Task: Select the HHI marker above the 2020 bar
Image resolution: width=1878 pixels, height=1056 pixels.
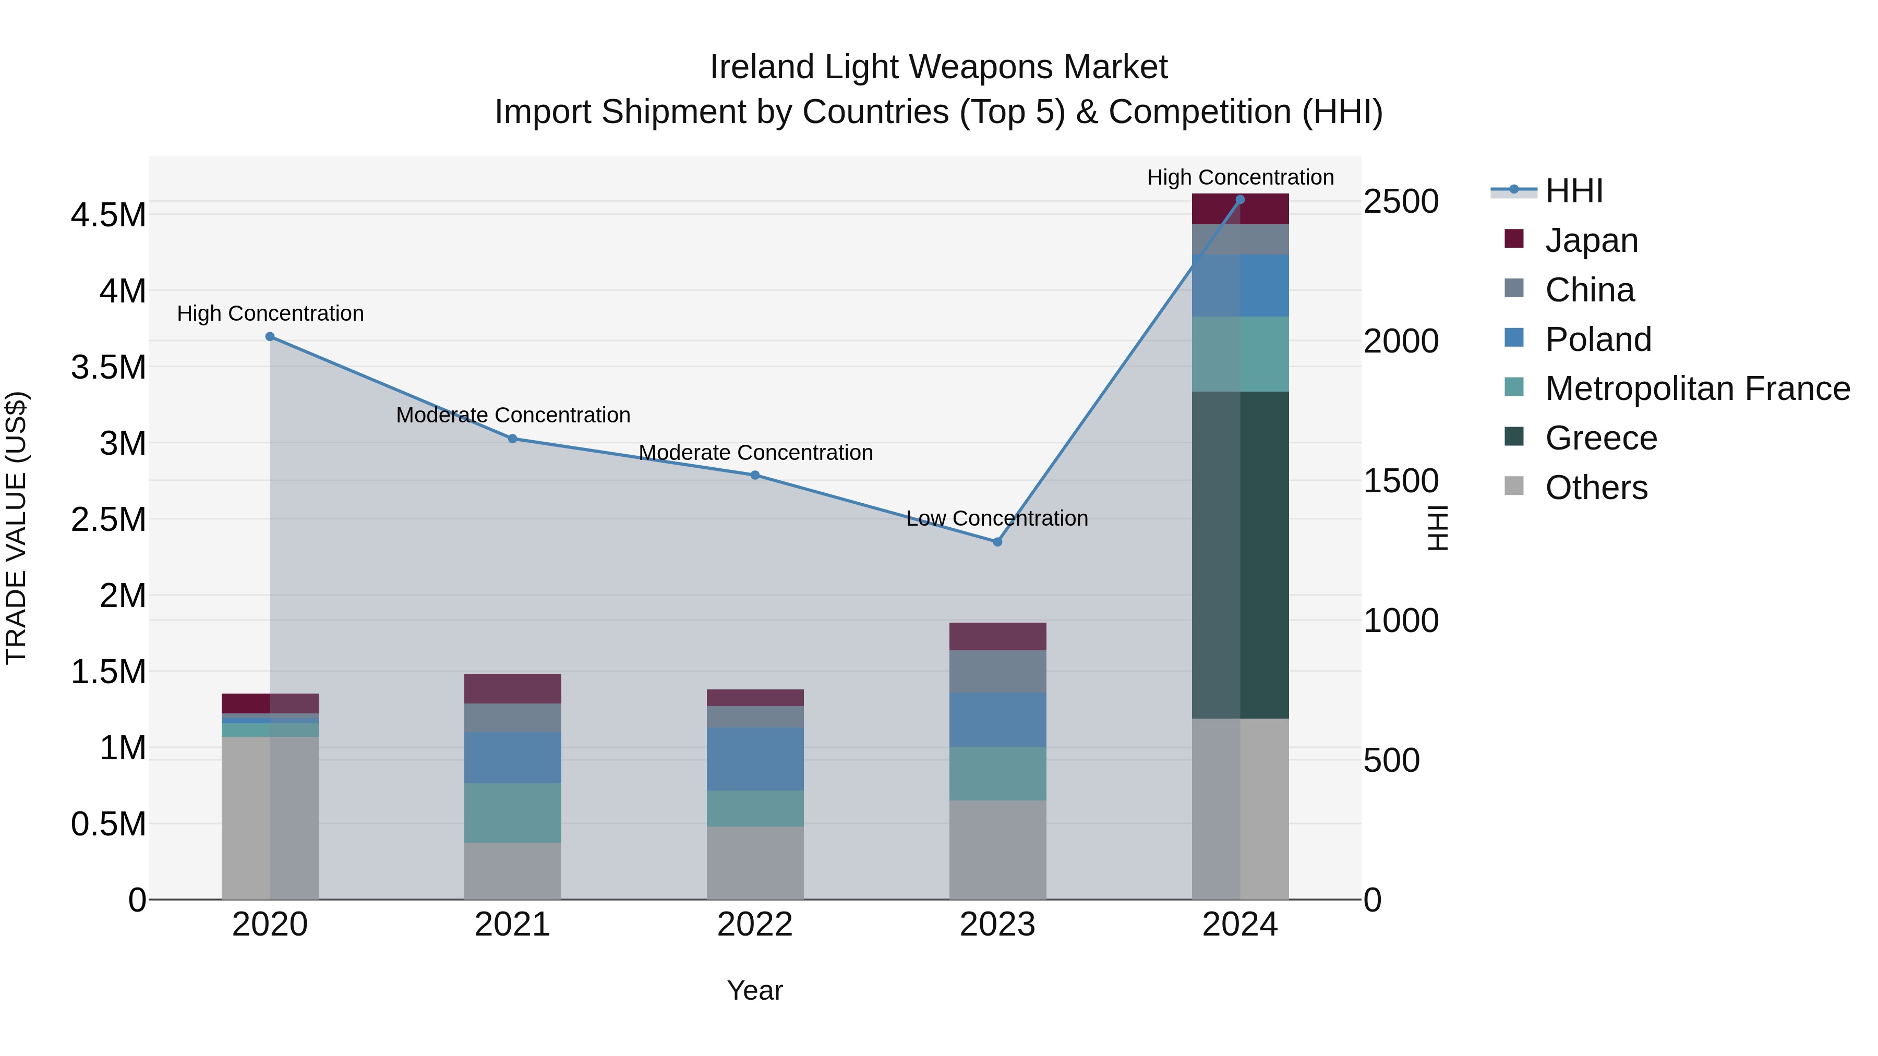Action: tap(270, 337)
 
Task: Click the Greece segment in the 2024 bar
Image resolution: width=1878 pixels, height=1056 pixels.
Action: tap(1240, 555)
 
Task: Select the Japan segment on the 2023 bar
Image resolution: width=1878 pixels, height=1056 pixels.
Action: tap(997, 636)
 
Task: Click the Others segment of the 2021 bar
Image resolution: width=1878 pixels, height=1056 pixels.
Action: tap(512, 871)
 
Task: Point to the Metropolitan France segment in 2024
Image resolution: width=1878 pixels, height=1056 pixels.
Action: tap(1240, 354)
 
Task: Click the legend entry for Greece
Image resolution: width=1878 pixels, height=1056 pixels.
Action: tap(1601, 438)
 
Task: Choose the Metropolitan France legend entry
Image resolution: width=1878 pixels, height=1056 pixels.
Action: tap(1697, 389)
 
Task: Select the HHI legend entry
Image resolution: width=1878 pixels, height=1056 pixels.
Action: tap(1573, 191)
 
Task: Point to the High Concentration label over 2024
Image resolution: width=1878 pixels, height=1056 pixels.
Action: tap(1240, 177)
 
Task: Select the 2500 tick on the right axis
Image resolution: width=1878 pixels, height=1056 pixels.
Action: tap(1401, 202)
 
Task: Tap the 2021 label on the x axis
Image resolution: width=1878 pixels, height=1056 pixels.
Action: tap(512, 925)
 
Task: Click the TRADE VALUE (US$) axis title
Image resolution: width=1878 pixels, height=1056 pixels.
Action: tap(16, 528)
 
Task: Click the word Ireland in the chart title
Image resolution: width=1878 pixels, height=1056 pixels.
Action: tap(763, 67)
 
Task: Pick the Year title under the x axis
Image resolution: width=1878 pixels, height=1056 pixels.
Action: tap(754, 990)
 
